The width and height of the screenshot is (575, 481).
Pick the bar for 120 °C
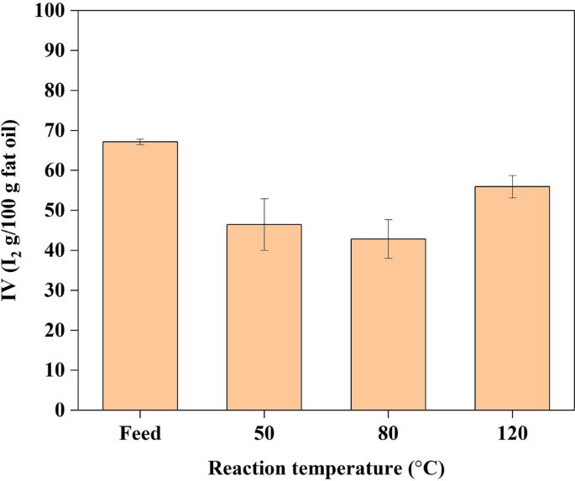pyautogui.click(x=512, y=298)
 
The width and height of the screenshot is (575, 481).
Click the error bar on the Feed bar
pyautogui.click(x=140, y=142)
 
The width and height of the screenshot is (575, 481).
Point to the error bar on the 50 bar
pyautogui.click(x=264, y=224)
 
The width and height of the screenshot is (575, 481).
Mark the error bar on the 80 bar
pyautogui.click(x=389, y=238)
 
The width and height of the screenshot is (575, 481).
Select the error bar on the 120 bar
pyautogui.click(x=512, y=186)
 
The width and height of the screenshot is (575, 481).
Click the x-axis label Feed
pyautogui.click(x=140, y=435)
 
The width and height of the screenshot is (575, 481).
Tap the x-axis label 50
pyautogui.click(x=264, y=435)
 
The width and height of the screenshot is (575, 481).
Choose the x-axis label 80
pyautogui.click(x=389, y=435)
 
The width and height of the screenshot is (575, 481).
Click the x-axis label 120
pyautogui.click(x=512, y=435)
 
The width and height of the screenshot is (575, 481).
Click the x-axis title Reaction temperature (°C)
pyautogui.click(x=327, y=467)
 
